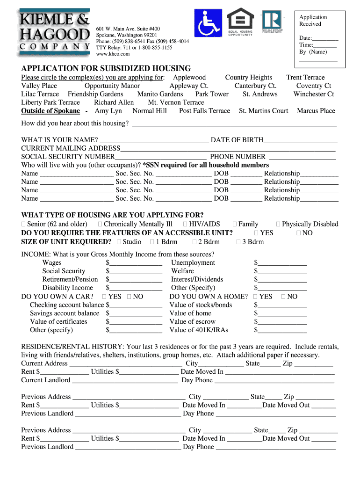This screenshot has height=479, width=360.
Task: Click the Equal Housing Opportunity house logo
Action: pos(240,22)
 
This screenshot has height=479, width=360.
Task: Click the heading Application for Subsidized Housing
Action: pos(106,68)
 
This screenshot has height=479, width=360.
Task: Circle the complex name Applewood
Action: pos(189,77)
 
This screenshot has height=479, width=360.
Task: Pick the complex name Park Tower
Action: pos(212,94)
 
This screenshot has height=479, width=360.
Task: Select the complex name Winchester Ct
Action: pos(314,94)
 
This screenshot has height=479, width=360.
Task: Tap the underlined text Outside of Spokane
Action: pos(50,111)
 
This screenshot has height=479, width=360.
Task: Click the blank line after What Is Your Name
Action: pos(154,140)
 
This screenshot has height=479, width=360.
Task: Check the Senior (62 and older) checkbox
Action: pos(24,225)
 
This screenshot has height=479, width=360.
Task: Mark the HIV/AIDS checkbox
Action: pos(186,225)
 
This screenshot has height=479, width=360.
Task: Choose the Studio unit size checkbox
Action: pos(119,242)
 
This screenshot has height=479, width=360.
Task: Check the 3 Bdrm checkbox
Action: pos(238,242)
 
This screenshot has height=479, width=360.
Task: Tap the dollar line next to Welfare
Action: pos(282,272)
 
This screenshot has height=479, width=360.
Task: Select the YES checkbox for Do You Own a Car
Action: pos(104,297)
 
